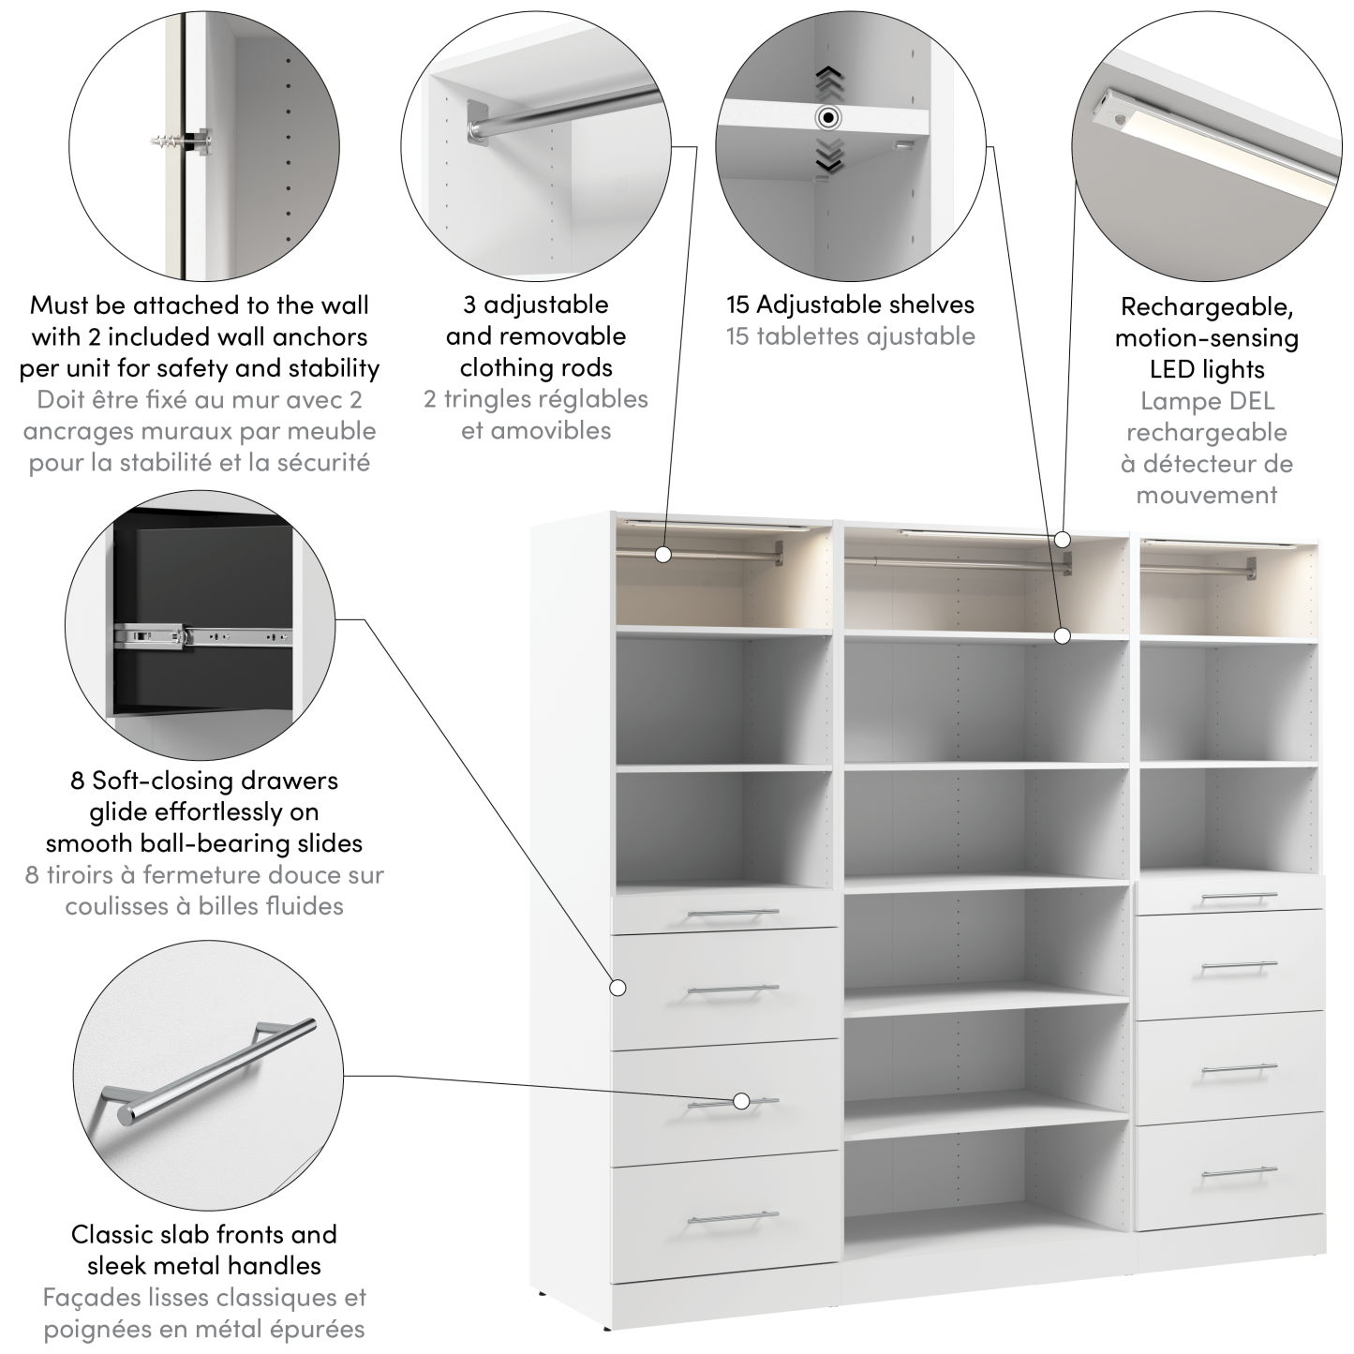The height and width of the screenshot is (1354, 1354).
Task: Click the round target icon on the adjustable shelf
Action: pyautogui.click(x=827, y=118)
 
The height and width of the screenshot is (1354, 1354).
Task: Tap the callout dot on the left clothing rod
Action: pyautogui.click(x=663, y=554)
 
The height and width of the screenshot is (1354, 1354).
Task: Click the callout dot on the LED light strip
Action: pyautogui.click(x=1062, y=539)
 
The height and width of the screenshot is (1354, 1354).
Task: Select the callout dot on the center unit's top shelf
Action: pyautogui.click(x=1062, y=635)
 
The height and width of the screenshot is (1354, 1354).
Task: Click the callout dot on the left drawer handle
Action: pyautogui.click(x=741, y=1101)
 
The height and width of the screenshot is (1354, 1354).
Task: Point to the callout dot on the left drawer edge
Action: pyautogui.click(x=617, y=987)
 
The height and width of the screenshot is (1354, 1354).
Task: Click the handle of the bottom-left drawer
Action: pyautogui.click(x=733, y=1218)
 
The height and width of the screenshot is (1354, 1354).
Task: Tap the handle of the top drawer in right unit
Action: pyautogui.click(x=1239, y=898)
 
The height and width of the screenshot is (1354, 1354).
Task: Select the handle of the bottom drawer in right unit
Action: pyautogui.click(x=1239, y=1171)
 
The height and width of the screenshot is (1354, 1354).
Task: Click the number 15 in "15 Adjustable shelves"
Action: pyautogui.click(x=738, y=305)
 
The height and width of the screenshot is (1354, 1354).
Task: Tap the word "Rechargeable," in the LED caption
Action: pyautogui.click(x=1206, y=306)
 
